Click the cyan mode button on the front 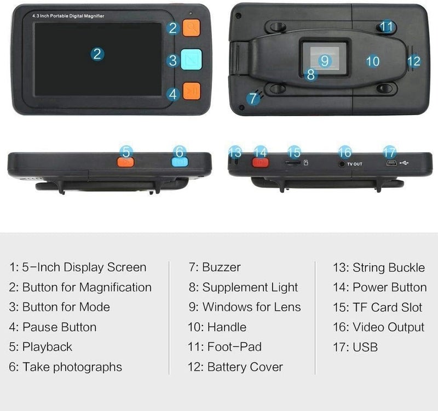191,59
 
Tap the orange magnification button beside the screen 191,28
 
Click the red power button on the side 261,162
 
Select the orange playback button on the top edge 126,162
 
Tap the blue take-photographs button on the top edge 180,162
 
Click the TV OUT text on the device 354,164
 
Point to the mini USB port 391,163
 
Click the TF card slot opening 292,163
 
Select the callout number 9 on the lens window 325,61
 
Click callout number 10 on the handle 373,61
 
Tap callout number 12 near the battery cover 414,61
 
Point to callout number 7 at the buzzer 253,98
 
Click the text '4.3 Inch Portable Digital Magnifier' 68,16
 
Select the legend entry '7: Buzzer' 215,267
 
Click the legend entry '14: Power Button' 379,287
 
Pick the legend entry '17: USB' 355,347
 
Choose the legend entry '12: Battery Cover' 235,367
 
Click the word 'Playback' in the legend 47,347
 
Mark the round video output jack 341,163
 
